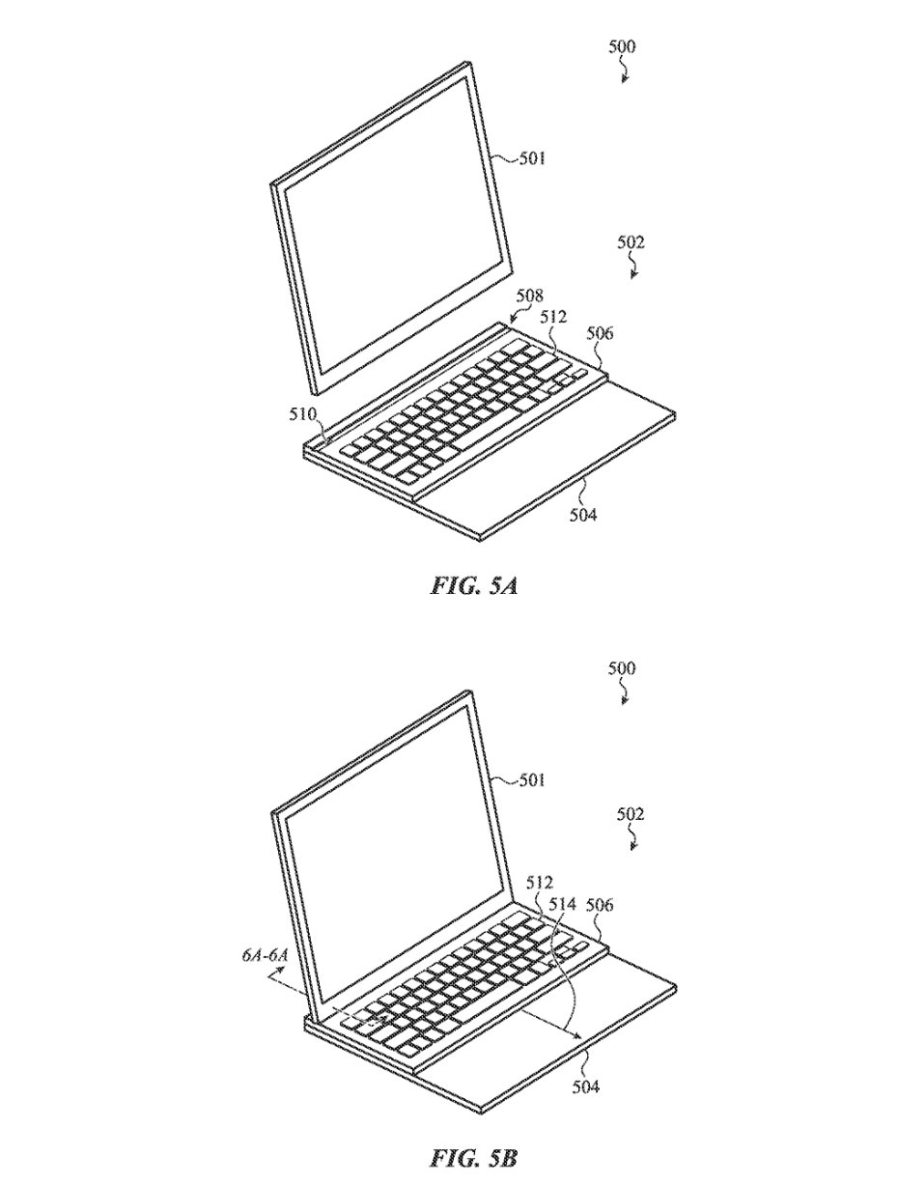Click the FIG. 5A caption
click(x=472, y=585)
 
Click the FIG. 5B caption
click(x=472, y=1157)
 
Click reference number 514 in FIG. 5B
click(x=562, y=905)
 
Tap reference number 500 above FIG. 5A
click(x=622, y=46)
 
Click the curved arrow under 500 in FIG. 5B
click(x=627, y=693)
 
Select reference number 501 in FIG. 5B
click(x=526, y=780)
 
